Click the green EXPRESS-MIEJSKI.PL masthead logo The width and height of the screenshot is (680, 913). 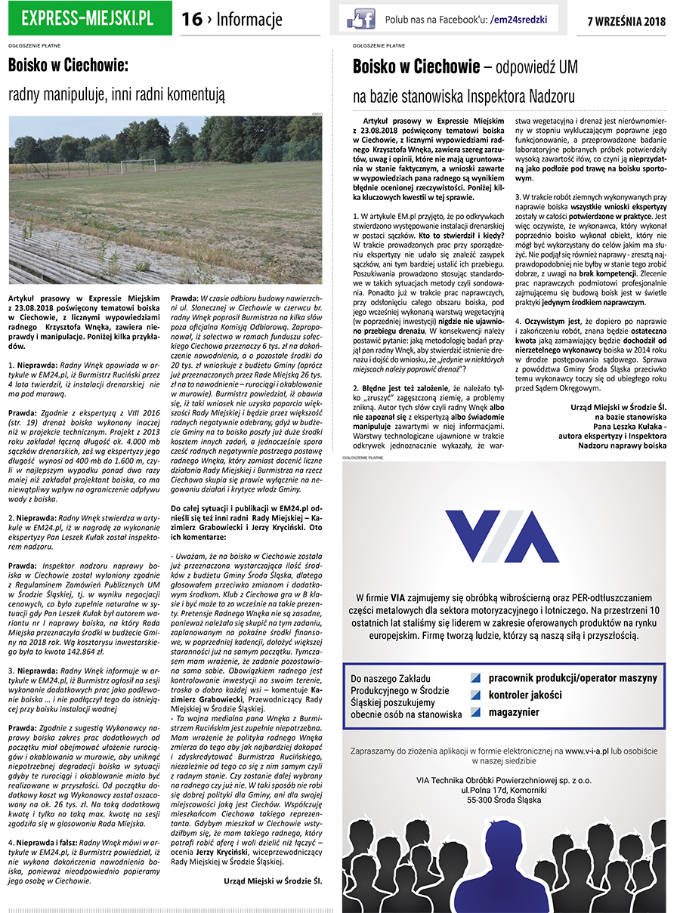pyautogui.click(x=89, y=19)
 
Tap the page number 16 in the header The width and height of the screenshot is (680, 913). pyautogui.click(x=192, y=20)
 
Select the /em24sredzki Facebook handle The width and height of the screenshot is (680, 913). pyautogui.click(x=518, y=20)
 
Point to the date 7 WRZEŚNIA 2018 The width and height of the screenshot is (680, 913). pyautogui.click(x=626, y=21)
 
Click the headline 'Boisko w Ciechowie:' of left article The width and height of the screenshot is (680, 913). pyautogui.click(x=68, y=66)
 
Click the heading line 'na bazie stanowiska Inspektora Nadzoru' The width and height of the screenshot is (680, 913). pyautogui.click(x=464, y=96)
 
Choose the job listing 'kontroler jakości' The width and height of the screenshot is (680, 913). pyautogui.click(x=524, y=694)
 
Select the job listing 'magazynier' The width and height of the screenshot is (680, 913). pyautogui.click(x=514, y=711)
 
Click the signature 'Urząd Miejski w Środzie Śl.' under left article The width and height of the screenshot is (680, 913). pyautogui.click(x=272, y=880)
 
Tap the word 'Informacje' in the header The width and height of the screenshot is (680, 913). pyautogui.click(x=249, y=20)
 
